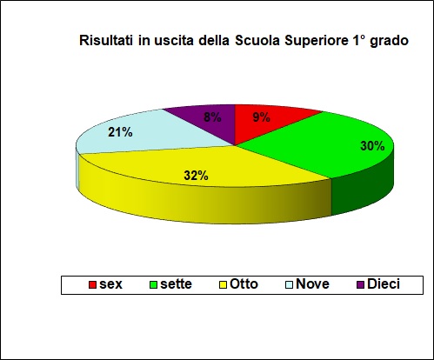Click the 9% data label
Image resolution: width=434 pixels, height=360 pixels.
(x=260, y=117)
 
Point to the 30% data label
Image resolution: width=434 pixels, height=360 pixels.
(x=372, y=146)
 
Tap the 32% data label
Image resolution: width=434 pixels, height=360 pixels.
(x=195, y=175)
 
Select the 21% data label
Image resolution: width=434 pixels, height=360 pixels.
(x=120, y=132)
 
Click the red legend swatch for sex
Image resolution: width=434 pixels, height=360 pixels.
(x=92, y=284)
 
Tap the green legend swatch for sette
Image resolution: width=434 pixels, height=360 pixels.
(x=154, y=284)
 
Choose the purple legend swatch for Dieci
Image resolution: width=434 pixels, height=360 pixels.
(x=359, y=284)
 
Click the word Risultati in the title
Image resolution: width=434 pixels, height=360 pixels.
(x=105, y=40)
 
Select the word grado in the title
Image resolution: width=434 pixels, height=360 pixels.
(x=390, y=41)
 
